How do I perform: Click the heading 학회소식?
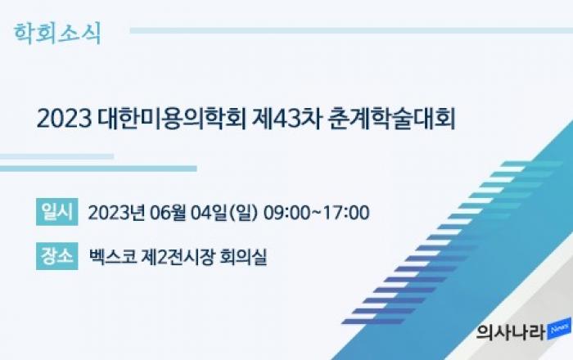click(x=57, y=34)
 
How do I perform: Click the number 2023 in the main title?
click(x=65, y=119)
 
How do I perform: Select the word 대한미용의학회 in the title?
click(x=172, y=119)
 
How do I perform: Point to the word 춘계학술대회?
click(x=392, y=119)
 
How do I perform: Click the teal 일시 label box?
click(x=57, y=212)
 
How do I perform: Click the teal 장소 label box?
click(x=57, y=256)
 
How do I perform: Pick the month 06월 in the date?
click(x=168, y=213)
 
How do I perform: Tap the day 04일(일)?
click(x=224, y=213)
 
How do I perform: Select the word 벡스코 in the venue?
click(x=113, y=257)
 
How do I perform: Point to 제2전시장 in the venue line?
click(x=178, y=257)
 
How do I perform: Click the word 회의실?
click(x=243, y=257)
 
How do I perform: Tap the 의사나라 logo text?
click(x=511, y=332)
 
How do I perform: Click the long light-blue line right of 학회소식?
click(x=351, y=30)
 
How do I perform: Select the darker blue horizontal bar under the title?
click(x=98, y=169)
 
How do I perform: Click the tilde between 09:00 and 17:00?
click(x=316, y=213)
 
